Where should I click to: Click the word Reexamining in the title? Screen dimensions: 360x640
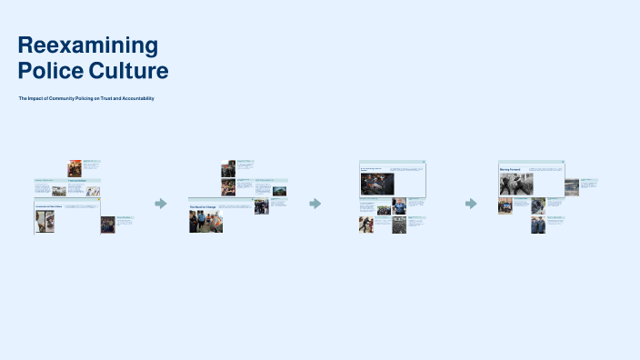click(87, 45)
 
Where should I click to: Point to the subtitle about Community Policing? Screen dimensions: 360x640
click(86, 98)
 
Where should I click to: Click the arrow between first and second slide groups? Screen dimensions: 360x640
click(161, 204)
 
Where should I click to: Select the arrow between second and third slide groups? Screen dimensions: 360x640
click(315, 204)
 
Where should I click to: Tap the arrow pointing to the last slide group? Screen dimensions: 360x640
click(471, 204)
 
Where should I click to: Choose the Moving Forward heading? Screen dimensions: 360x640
click(509, 170)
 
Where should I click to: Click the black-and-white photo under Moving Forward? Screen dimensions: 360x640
click(509, 185)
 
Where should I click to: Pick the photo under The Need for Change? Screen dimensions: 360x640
click(205, 222)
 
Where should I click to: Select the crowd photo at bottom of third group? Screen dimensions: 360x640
click(399, 225)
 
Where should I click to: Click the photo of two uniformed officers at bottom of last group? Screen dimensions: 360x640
click(538, 225)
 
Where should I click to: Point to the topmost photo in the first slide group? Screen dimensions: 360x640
click(75, 168)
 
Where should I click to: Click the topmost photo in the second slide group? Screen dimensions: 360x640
click(228, 168)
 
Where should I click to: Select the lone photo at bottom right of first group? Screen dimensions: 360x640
click(107, 225)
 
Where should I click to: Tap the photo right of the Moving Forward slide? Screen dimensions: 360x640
click(571, 187)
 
